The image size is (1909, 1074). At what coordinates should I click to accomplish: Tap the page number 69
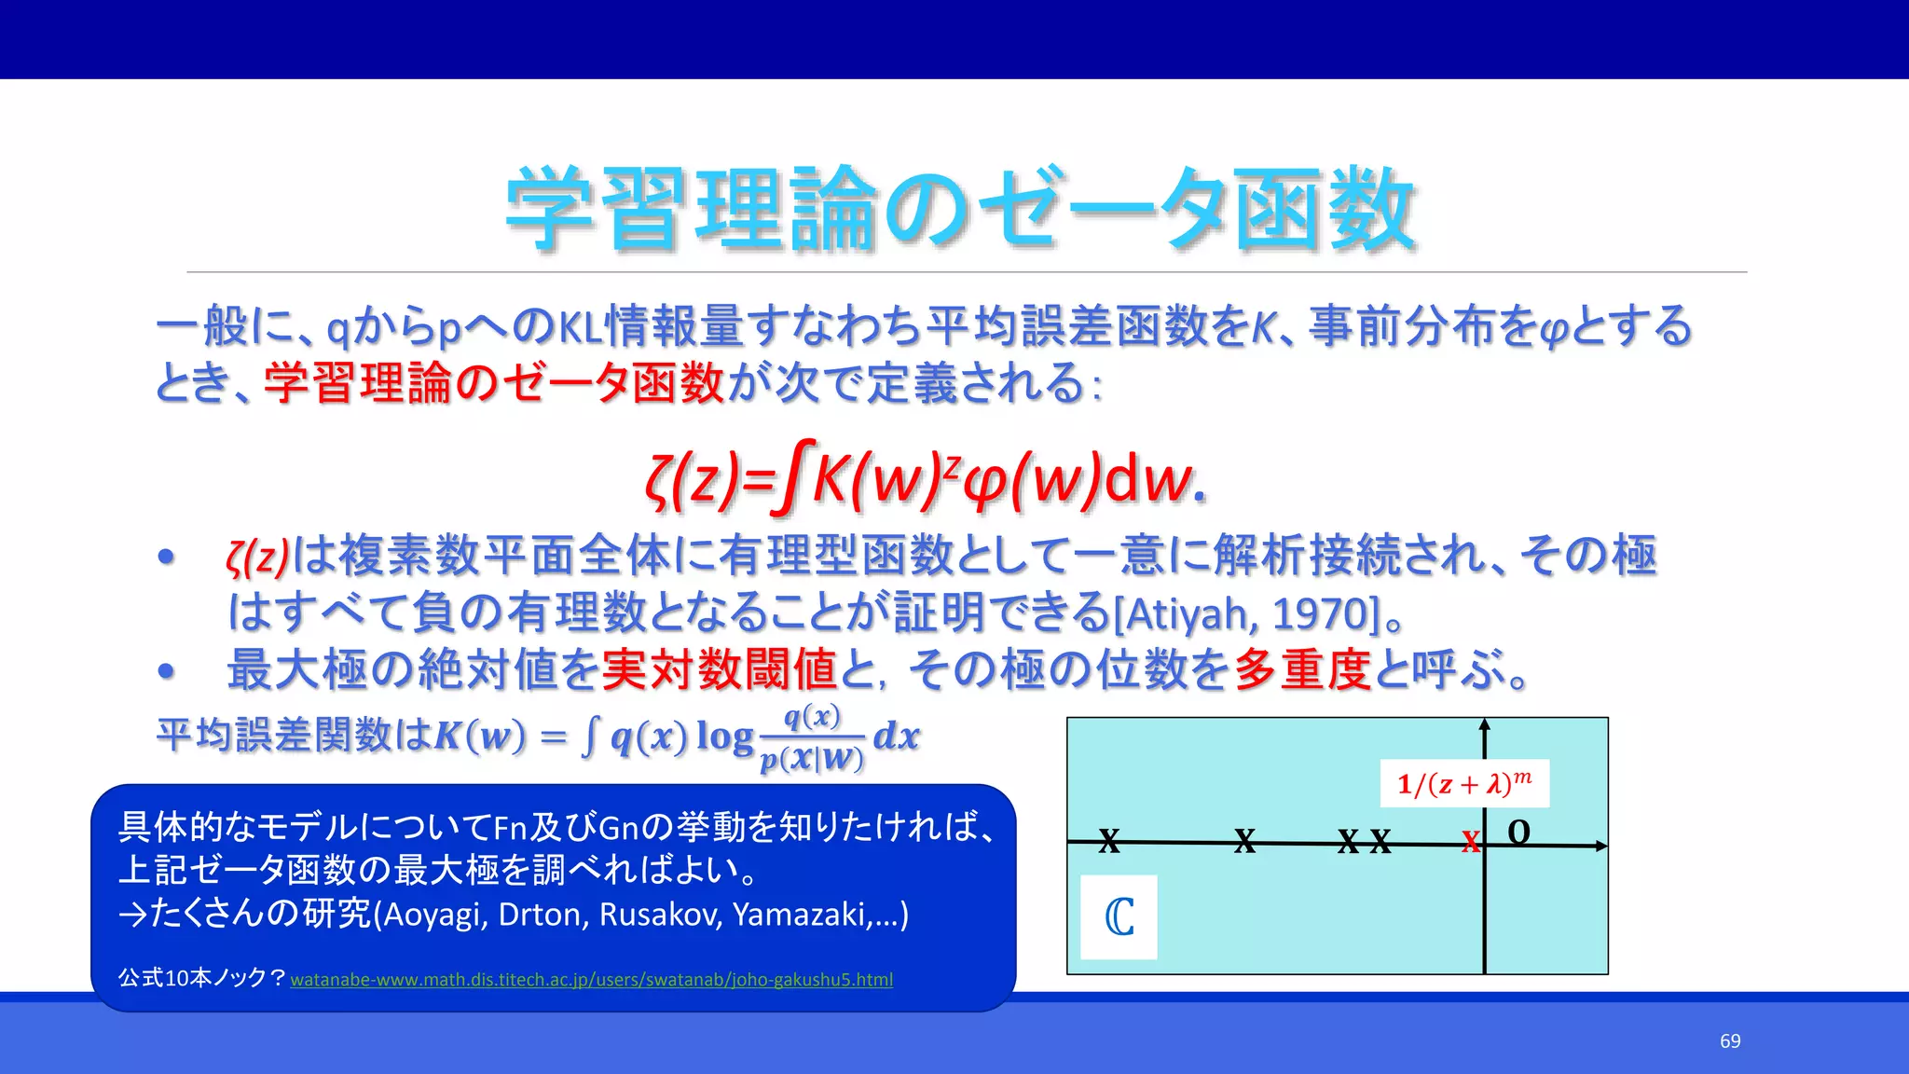[1730, 1040]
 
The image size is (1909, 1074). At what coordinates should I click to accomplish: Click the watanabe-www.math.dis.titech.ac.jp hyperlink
[591, 980]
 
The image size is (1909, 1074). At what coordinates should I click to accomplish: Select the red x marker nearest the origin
[1470, 842]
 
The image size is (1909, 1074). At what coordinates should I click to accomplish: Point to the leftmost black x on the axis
[1108, 840]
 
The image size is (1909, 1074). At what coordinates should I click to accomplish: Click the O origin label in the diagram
[1518, 832]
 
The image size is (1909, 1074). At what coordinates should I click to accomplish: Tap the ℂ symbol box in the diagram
[1119, 917]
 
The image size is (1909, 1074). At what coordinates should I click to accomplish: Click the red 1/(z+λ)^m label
[1463, 783]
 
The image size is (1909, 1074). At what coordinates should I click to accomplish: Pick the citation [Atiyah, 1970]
[1247, 614]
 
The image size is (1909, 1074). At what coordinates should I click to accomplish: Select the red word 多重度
[1302, 669]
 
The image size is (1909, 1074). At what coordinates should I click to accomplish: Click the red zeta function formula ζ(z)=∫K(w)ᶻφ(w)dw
[925, 479]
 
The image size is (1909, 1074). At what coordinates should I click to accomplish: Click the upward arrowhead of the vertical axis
[1485, 724]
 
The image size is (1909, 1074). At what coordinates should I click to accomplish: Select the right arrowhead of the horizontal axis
[1601, 846]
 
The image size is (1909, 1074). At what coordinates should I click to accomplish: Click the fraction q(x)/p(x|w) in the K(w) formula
[813, 737]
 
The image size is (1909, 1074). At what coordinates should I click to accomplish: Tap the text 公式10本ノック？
[201, 978]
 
